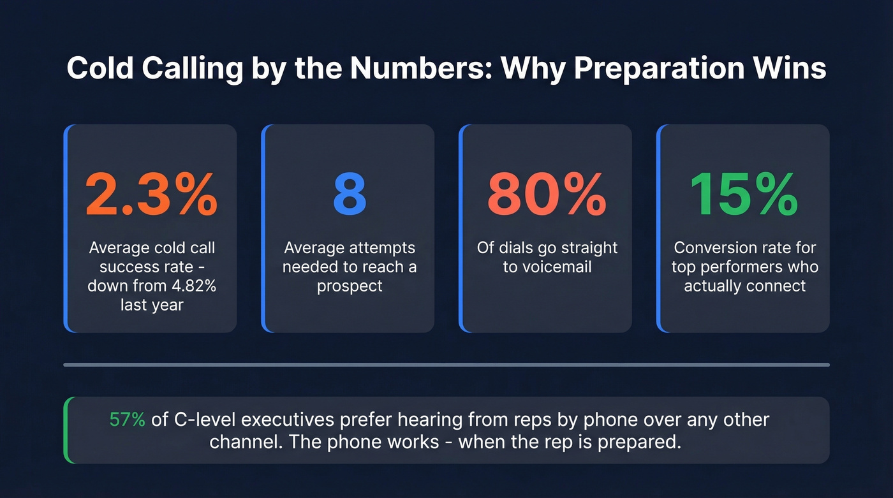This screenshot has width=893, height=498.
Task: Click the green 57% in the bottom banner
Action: (128, 420)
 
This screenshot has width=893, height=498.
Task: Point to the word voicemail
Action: (547, 267)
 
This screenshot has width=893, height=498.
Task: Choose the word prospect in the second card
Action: (350, 286)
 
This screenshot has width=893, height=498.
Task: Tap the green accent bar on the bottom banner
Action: (66, 430)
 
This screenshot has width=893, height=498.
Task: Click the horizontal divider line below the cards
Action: (447, 365)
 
